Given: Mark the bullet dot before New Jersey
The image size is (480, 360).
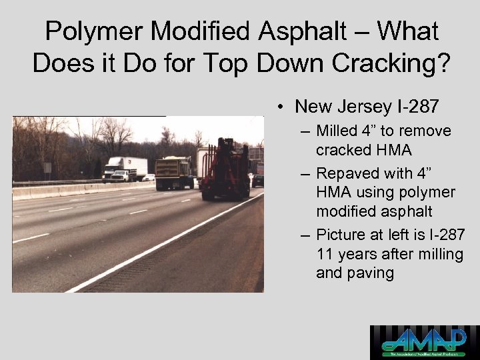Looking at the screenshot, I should point(283,107).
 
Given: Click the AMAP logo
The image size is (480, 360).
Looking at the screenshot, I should point(425,342).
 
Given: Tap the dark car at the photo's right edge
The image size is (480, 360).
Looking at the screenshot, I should point(258,179).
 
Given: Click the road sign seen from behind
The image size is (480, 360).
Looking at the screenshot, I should point(47,167).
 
